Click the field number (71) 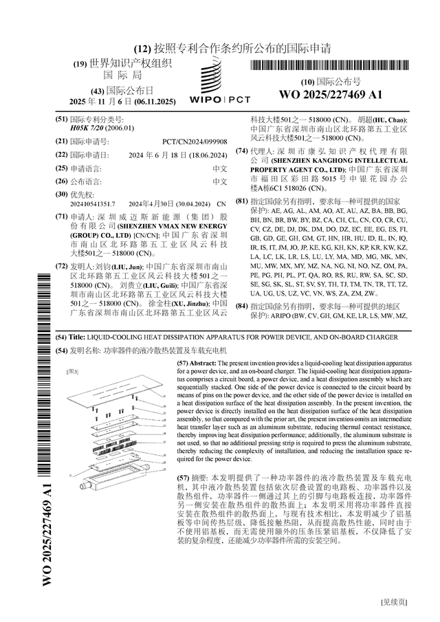coord(62,215)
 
